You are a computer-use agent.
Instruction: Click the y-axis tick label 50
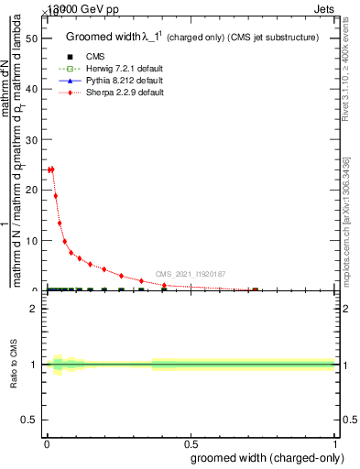pyautogui.click(x=30, y=39)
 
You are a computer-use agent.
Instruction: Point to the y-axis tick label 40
pyautogui.click(x=30, y=90)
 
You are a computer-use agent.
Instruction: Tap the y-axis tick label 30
pyautogui.click(x=30, y=140)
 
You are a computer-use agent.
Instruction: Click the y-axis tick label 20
pyautogui.click(x=30, y=191)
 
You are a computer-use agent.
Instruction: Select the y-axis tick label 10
pyautogui.click(x=30, y=241)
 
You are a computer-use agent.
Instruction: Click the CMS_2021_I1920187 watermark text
pyautogui.click(x=191, y=273)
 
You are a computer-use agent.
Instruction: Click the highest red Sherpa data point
pyautogui.click(x=52, y=169)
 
